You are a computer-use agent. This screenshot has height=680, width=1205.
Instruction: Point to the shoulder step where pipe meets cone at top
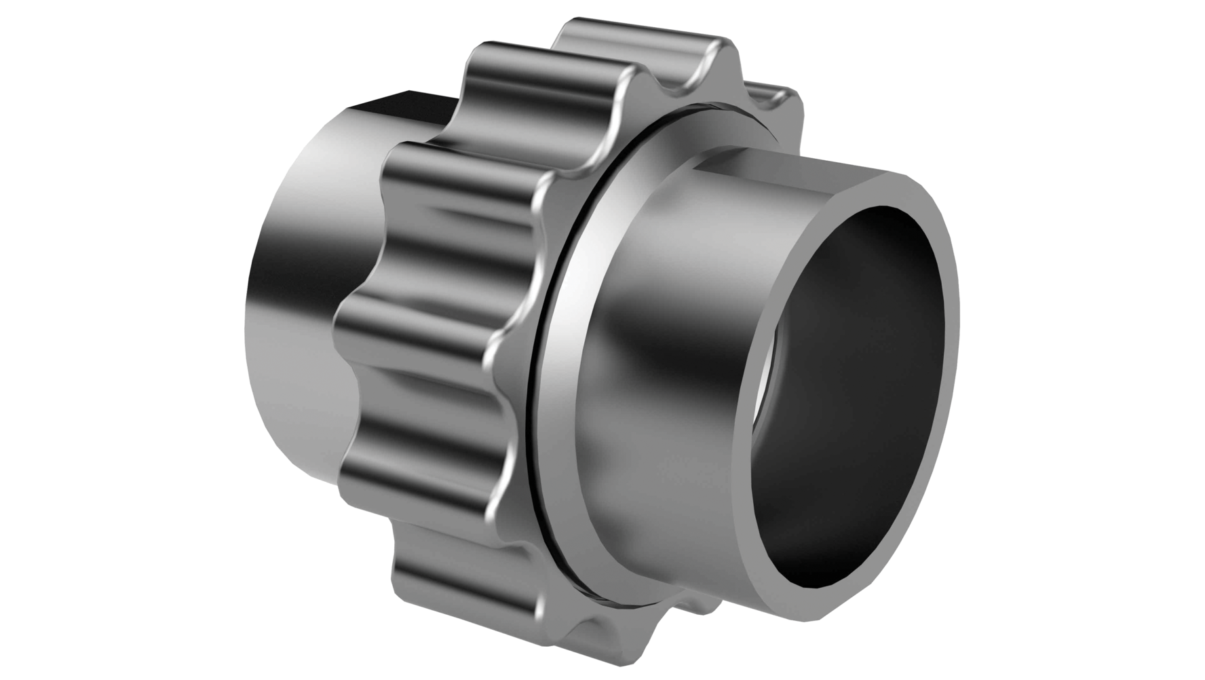pos(699,170)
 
